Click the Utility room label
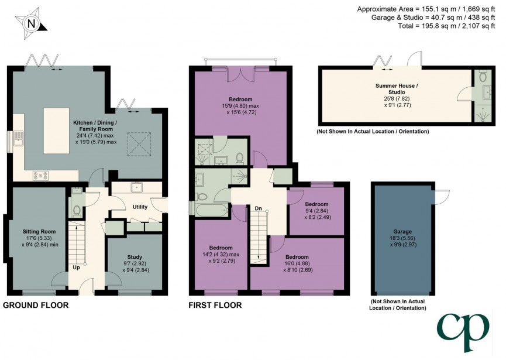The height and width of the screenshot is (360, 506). (x=140, y=207)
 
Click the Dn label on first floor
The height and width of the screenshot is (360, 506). (x=258, y=208)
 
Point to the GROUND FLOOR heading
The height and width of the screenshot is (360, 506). (x=36, y=305)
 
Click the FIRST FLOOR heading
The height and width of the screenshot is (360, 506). (x=215, y=305)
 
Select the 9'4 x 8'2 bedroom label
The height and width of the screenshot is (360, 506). (x=316, y=208)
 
